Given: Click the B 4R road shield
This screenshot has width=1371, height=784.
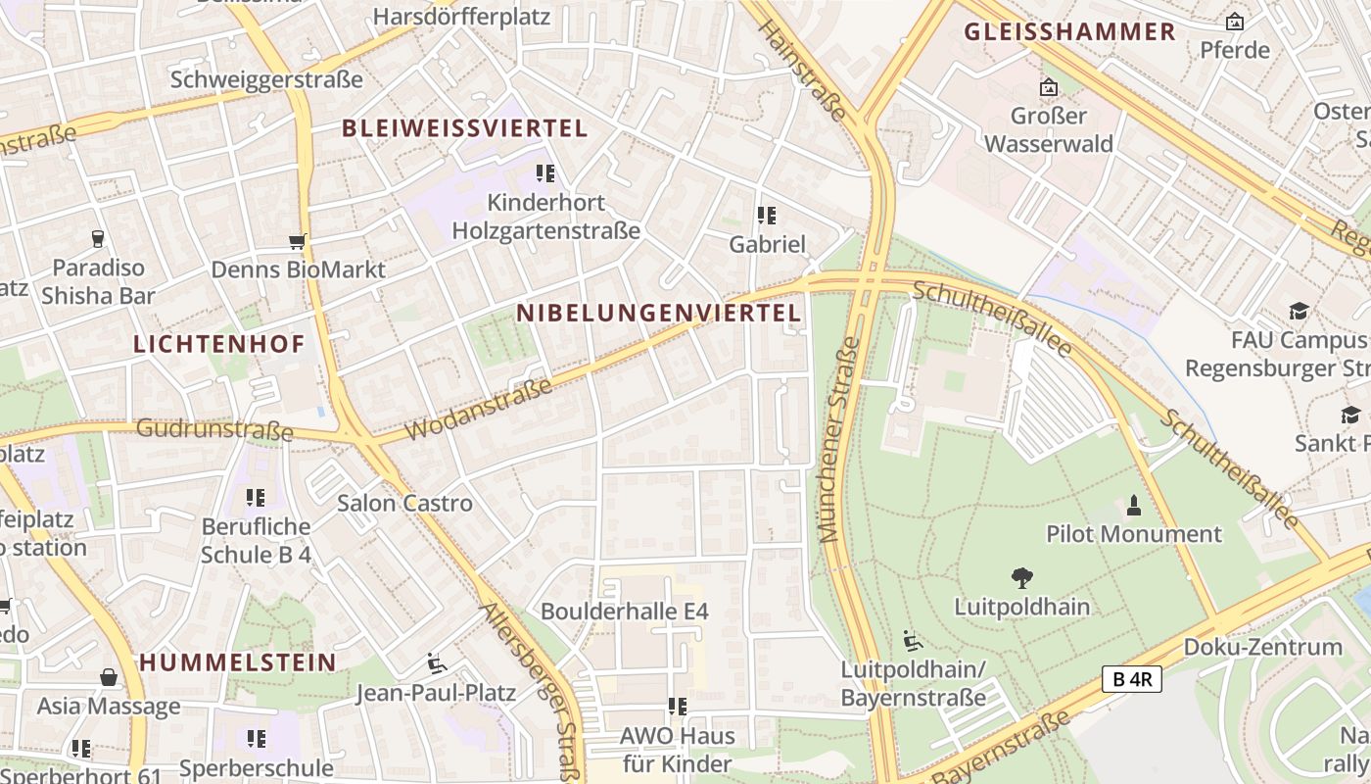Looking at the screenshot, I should (x=1131, y=679).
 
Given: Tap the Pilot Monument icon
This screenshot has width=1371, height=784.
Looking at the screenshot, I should (x=1134, y=506).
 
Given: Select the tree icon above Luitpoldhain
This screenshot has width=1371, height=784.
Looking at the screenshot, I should (x=1021, y=578).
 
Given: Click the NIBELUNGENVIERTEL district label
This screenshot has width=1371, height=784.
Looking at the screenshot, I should (x=658, y=313).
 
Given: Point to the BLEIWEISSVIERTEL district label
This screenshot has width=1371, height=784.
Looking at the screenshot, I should (x=464, y=127).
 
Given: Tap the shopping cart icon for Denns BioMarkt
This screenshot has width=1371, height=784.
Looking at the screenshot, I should (x=298, y=241).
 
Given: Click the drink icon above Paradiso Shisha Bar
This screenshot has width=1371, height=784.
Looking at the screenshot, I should (x=98, y=238).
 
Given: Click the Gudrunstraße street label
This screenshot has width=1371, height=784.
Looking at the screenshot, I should (x=214, y=428).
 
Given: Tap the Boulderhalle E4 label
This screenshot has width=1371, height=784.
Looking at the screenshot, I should (x=624, y=611).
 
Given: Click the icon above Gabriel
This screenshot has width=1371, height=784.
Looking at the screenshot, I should (x=767, y=215).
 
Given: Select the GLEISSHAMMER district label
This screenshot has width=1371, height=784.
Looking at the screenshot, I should (x=1069, y=31).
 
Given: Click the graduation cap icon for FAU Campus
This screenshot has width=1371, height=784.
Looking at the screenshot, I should (x=1299, y=312).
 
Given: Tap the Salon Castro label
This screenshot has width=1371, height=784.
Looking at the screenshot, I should (x=404, y=503).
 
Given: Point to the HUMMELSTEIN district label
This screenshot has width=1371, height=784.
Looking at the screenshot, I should (x=238, y=661).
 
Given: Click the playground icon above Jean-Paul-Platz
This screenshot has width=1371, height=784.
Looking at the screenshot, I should (x=436, y=663).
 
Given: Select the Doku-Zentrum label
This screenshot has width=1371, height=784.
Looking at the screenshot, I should (x=1262, y=646).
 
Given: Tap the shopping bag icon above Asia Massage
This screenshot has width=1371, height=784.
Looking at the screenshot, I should (x=109, y=677).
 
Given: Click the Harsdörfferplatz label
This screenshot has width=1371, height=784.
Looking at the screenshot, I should (x=461, y=16).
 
